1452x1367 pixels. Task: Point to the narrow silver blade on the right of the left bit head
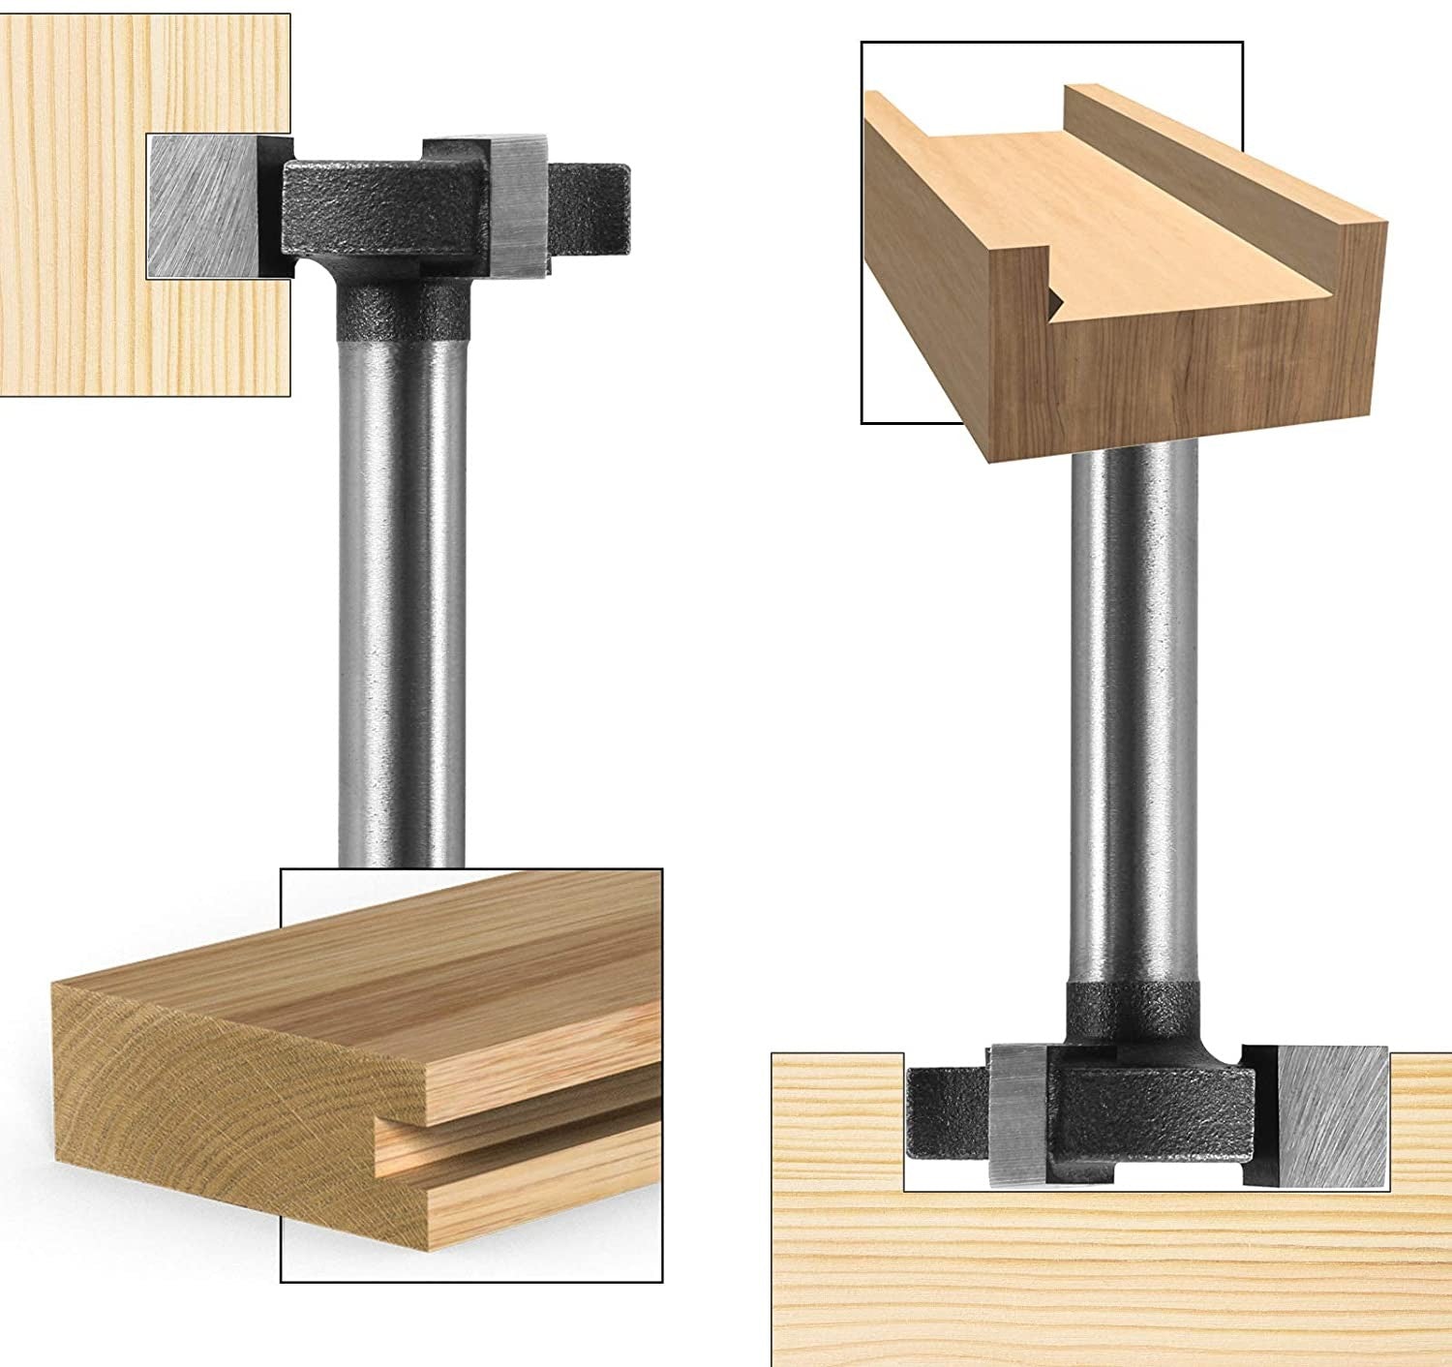(523, 203)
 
